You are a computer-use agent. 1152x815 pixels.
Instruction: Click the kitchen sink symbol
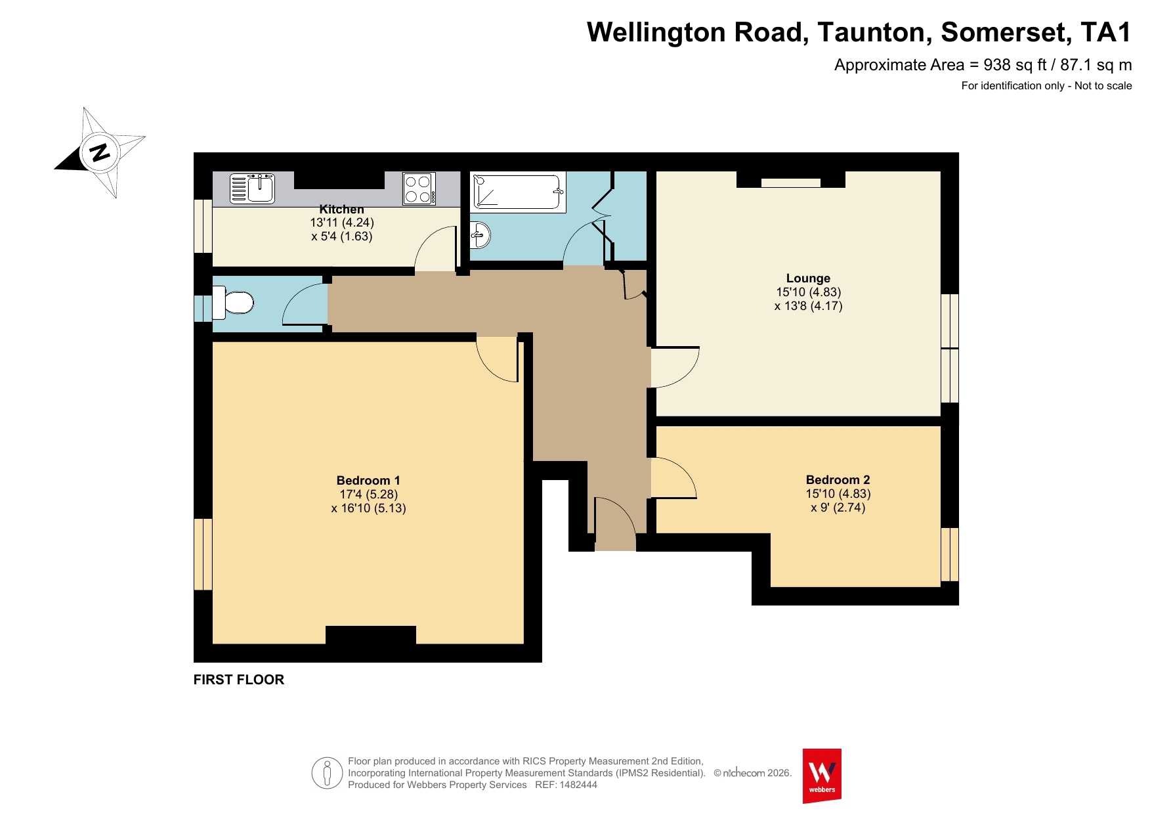pos(252,188)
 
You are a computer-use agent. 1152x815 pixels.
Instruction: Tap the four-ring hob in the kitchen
pos(419,188)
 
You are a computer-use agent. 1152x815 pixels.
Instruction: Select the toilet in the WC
pos(232,303)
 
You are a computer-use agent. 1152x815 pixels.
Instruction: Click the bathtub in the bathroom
pos(519,192)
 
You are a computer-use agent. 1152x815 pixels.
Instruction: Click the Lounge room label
pos(808,278)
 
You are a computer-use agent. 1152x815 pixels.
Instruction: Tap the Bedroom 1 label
pos(368,481)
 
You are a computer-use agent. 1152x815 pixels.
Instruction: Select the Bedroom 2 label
pos(838,480)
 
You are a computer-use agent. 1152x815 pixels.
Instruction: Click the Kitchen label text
pos(341,209)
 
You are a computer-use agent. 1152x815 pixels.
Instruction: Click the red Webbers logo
pos(822,776)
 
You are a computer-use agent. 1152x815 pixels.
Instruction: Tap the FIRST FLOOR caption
pos(239,680)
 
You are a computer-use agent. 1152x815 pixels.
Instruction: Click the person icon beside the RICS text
pos(327,773)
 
